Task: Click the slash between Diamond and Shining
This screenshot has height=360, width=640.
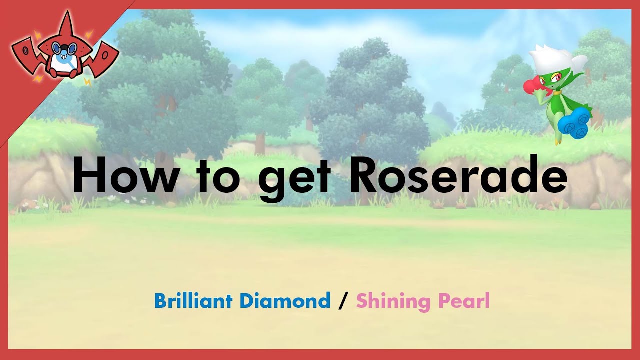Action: click(x=343, y=301)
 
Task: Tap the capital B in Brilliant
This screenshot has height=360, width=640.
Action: click(x=160, y=301)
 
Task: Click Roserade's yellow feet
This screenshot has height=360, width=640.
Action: click(x=556, y=140)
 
